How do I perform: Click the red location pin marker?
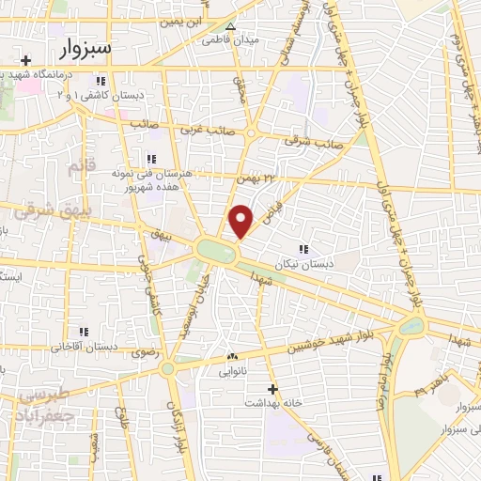pos(241,220)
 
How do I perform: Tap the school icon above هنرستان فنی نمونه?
pos(149,159)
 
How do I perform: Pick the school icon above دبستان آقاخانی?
pos(84,332)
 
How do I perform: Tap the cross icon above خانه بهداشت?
pos(272,388)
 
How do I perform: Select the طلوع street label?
pos(118,412)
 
